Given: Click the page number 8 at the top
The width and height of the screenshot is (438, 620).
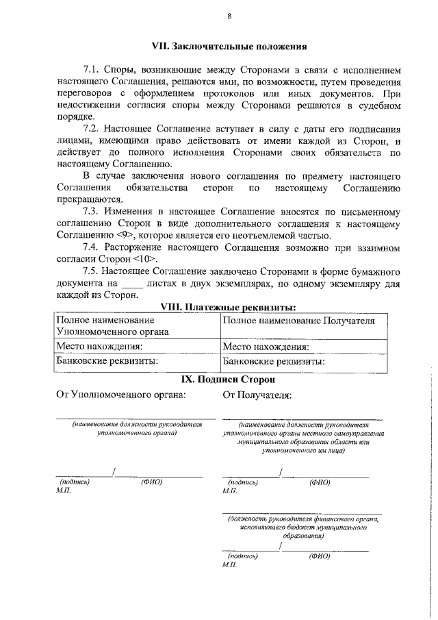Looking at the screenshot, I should click(229, 16).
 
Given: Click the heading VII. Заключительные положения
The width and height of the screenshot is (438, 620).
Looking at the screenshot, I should click(229, 47).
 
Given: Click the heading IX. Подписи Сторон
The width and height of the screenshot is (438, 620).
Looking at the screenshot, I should click(229, 378).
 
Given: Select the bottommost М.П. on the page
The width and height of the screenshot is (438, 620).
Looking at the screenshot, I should click(230, 565).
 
